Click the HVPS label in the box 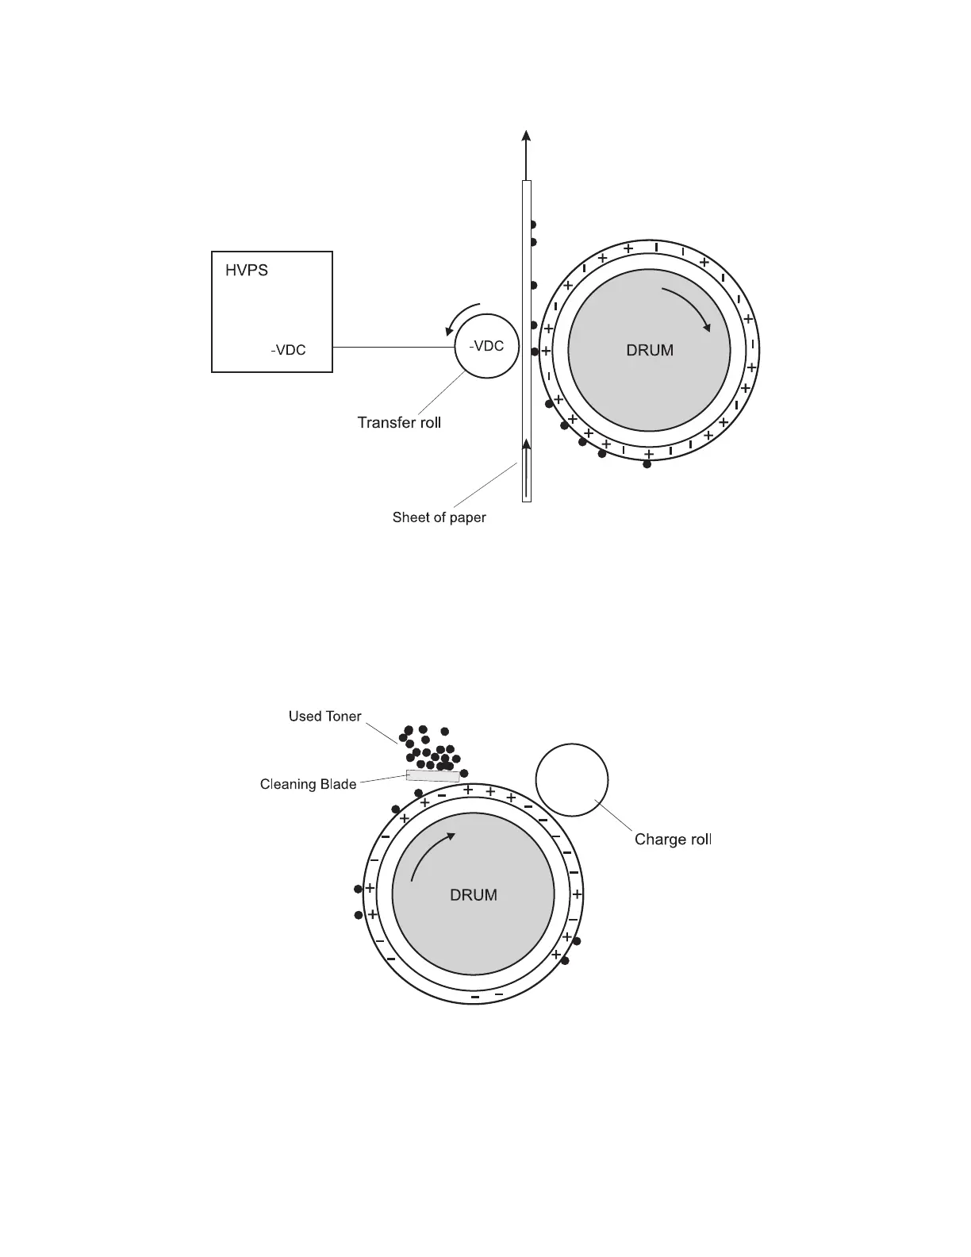point(247,271)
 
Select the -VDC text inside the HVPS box point(288,350)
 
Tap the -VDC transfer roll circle point(485,347)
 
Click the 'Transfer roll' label point(399,422)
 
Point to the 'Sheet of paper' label point(439,517)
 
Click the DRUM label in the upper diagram point(650,350)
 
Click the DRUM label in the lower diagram point(474,895)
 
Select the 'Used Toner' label point(324,716)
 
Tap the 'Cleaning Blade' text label point(308,784)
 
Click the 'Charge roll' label point(673,840)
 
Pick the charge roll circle point(572,779)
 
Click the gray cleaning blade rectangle point(433,775)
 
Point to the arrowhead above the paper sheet point(526,136)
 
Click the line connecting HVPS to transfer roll point(393,347)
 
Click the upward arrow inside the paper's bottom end point(526,468)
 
